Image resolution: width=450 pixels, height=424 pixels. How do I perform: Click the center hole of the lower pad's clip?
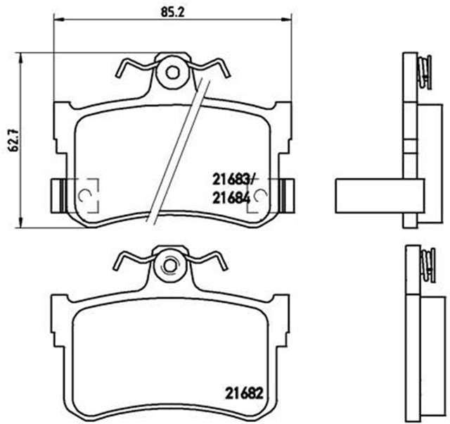pyautogui.click(x=172, y=266)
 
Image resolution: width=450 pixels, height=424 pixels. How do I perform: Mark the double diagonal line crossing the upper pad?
pyautogui.click(x=176, y=148)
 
